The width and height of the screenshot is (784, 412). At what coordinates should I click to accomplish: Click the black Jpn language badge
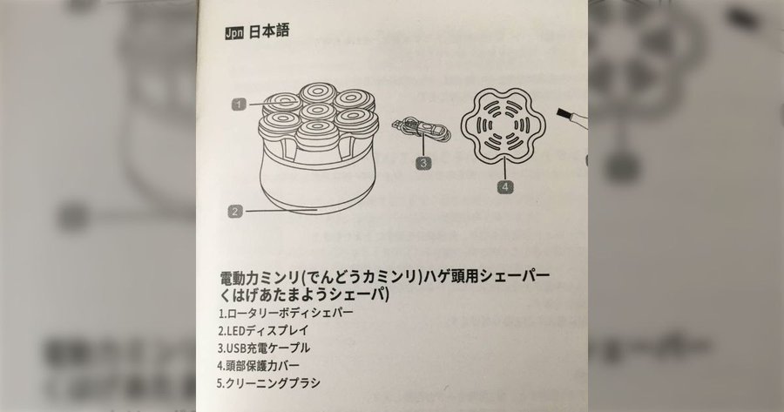tap(234, 33)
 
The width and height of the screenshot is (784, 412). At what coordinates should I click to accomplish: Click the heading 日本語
tap(268, 31)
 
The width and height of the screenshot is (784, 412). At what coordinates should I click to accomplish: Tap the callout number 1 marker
tap(239, 104)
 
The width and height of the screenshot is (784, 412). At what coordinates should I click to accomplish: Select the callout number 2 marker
tap(235, 211)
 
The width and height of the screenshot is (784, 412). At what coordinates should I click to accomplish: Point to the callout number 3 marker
tap(423, 163)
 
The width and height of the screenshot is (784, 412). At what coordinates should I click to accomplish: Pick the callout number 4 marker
tap(505, 186)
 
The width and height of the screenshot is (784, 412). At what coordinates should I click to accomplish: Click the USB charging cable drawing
tap(422, 129)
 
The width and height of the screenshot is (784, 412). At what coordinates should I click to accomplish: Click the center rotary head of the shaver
tap(318, 111)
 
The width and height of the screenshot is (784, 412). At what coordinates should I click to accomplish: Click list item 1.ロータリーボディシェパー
tap(286, 314)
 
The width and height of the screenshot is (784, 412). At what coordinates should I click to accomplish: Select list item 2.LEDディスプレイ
tap(263, 330)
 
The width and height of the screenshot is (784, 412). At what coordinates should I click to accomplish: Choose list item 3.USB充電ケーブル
tap(263, 348)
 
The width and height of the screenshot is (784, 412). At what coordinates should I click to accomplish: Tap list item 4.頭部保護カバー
tap(258, 366)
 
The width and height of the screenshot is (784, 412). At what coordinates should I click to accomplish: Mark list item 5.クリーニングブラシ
tap(268, 383)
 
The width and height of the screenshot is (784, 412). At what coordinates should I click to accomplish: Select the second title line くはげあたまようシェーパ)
tap(304, 295)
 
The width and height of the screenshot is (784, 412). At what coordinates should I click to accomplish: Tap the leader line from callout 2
tap(281, 211)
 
